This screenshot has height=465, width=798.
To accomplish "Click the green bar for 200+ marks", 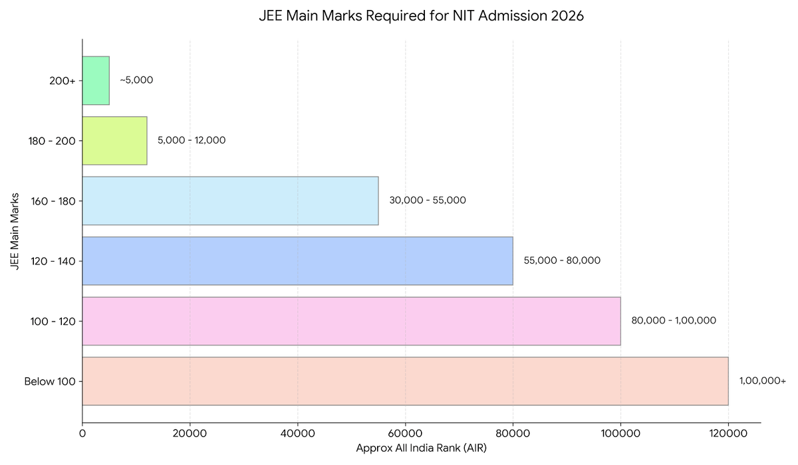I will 96,80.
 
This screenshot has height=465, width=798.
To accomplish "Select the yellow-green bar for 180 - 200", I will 114,141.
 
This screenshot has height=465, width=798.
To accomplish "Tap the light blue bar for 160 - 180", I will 230,201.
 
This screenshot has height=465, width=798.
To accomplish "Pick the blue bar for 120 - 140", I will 297,261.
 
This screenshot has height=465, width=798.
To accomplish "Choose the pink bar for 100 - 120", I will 351,321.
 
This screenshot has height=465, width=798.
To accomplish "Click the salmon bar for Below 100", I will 405,381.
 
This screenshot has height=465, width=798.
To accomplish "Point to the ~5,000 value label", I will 136,80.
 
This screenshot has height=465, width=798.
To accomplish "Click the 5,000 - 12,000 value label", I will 192,141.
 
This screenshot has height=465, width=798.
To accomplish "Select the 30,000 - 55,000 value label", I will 428,201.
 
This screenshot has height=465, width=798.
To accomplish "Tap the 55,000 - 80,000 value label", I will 562,261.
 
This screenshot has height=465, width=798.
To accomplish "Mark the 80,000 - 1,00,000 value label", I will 674,321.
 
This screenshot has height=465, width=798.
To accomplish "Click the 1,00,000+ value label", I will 762,381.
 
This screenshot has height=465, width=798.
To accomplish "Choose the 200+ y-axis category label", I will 63,81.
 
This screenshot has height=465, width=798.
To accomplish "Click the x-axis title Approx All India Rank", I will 421,448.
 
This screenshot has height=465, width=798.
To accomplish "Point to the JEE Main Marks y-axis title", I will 15,231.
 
